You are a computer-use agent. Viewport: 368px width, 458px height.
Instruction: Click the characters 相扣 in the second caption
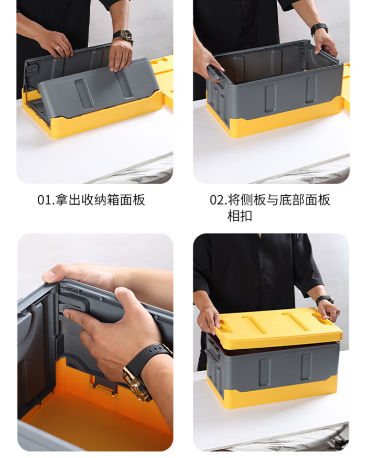[x=239, y=216]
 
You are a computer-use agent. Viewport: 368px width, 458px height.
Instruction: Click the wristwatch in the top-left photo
[x=124, y=36]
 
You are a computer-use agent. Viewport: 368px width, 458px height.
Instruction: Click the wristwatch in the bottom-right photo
[x=324, y=300]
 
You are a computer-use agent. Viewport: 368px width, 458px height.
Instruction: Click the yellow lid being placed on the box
[x=278, y=327]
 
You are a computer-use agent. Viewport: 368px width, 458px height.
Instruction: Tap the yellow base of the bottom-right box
[x=275, y=391]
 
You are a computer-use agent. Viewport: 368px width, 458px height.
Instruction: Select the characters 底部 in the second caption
[x=292, y=200]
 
